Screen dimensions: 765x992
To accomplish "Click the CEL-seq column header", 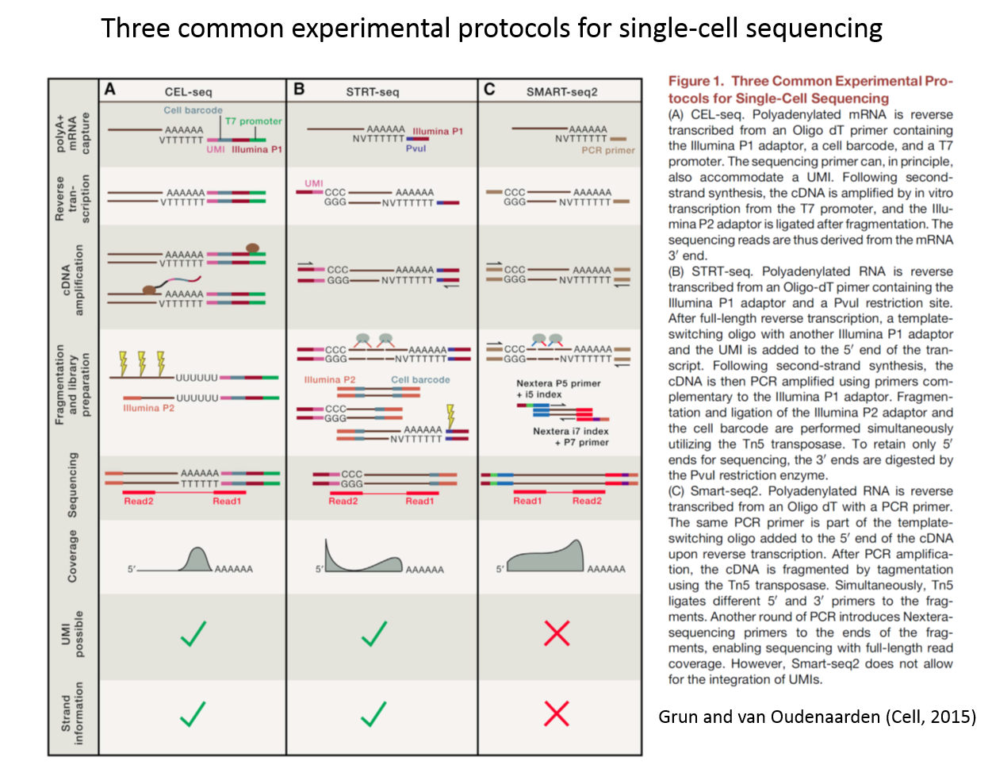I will pos(189,92).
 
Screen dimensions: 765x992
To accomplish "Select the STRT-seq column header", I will pos(373,92).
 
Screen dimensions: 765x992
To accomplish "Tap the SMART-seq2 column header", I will pos(561,92).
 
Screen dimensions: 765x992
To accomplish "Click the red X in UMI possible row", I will pos(557,633).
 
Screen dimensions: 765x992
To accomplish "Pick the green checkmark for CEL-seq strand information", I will pos(193,713).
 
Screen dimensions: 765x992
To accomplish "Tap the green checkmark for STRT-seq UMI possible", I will pos(373,633).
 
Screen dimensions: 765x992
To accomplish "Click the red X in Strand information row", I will pos(557,713).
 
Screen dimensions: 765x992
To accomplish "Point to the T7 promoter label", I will pos(253,121).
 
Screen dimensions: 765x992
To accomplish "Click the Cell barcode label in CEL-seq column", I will pos(193,110).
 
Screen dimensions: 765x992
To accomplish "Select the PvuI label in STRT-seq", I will pos(416,148).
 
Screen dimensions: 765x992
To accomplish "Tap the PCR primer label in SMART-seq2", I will pos(607,150).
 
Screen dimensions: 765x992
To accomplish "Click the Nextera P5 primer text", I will pos(558,383).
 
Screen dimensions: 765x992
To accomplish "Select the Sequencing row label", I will pos(72,485).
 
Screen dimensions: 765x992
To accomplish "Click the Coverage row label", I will pos(72,557).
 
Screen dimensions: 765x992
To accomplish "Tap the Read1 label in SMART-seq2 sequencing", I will pos(527,501).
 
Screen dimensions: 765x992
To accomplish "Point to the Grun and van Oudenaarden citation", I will pos(809,717).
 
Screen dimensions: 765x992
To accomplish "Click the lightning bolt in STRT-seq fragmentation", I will pos(450,416).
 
